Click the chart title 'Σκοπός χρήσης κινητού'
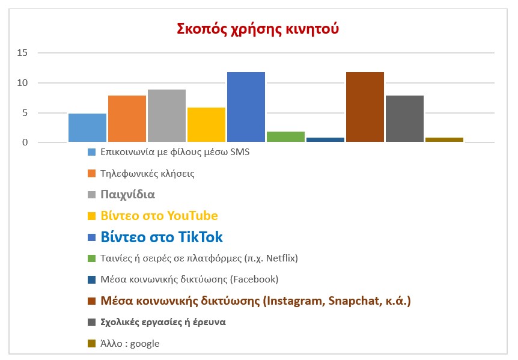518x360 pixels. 257,28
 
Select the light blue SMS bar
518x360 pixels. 87,127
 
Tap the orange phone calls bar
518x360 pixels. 127,118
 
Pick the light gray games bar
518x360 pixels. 166,115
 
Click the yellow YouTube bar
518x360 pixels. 206,124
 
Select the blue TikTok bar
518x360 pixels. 246,107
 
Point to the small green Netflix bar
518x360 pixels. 285,137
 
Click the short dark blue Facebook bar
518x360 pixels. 325,140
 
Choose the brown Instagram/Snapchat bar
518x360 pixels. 365,107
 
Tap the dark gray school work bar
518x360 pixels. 404,118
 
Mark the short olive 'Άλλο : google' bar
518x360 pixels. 444,140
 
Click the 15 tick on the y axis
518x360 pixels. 22,53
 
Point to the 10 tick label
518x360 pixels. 22,83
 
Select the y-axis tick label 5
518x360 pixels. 25,113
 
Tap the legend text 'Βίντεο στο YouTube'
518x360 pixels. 159,216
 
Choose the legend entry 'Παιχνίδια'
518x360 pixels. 128,195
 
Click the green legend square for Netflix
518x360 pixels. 92,258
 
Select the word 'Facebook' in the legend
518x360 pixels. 255,279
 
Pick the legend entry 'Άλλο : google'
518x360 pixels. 130,343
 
